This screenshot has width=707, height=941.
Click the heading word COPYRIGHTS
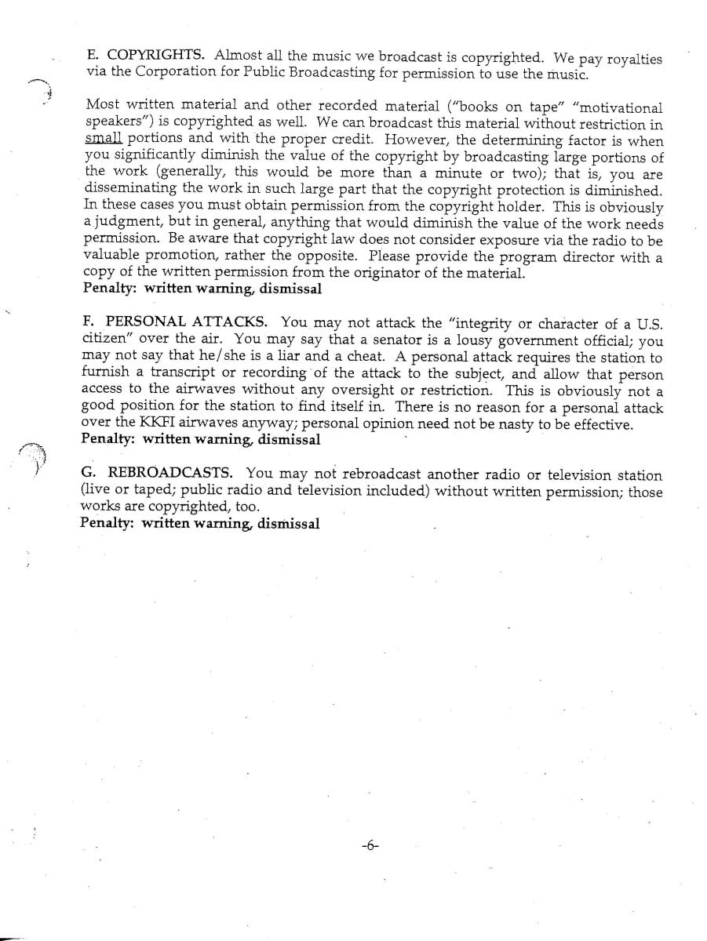156,56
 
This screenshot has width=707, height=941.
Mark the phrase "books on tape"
500,107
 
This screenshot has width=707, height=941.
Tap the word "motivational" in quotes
617,107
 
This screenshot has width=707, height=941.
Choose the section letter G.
87,474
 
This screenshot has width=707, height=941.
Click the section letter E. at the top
92,56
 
